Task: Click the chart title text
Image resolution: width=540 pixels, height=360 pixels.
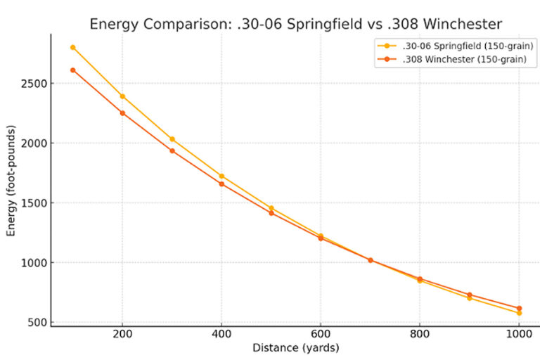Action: click(295, 25)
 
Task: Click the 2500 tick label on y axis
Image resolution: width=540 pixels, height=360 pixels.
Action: click(34, 84)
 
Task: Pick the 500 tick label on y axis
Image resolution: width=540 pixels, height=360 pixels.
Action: click(37, 323)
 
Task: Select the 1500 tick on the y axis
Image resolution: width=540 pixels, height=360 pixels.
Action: click(34, 203)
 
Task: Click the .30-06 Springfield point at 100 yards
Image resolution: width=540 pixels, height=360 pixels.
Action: click(72, 47)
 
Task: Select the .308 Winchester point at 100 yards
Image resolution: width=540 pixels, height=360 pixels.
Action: click(72, 70)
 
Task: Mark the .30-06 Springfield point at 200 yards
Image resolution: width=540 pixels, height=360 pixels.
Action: click(122, 96)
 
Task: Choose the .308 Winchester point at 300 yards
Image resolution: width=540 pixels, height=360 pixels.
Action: click(172, 150)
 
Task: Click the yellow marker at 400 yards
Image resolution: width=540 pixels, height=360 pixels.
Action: click(221, 176)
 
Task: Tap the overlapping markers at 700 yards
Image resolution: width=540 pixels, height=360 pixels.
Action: click(371, 260)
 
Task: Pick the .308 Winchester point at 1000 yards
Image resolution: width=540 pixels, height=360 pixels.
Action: click(519, 308)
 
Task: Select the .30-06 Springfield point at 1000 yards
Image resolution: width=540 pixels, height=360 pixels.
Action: click(519, 313)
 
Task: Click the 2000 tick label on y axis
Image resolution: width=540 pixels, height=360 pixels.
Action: click(34, 143)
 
